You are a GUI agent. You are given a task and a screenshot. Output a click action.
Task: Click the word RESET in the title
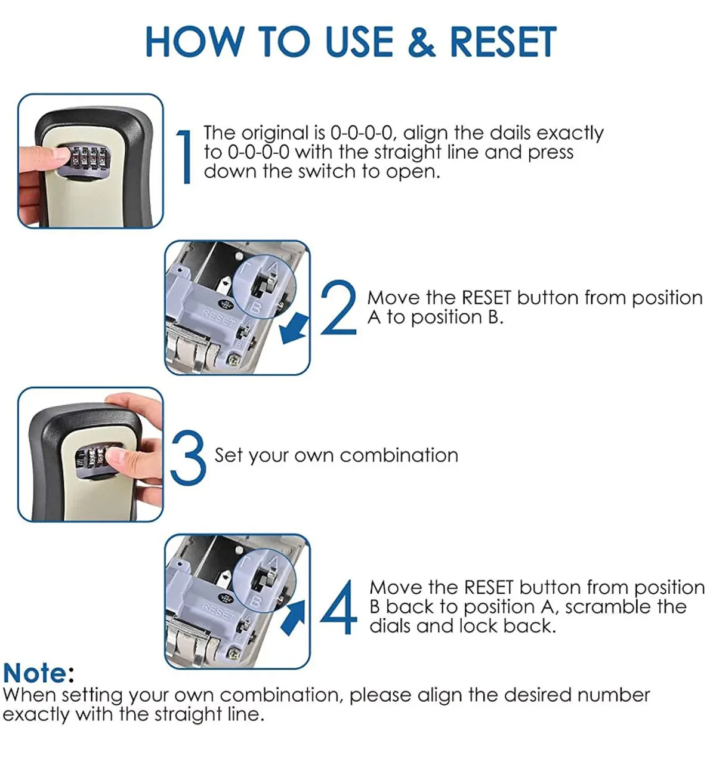pyautogui.click(x=503, y=42)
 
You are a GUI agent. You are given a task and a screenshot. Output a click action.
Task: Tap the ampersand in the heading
pyautogui.click(x=422, y=42)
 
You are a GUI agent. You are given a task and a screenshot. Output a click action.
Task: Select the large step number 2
pyautogui.click(x=338, y=307)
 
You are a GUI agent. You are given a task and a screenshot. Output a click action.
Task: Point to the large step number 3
pyautogui.click(x=189, y=458)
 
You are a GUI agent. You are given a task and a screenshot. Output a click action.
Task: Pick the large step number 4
pyautogui.click(x=339, y=607)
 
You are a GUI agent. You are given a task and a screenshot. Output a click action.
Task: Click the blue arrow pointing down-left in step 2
pyautogui.click(x=294, y=329)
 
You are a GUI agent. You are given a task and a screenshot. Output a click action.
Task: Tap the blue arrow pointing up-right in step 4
pyautogui.click(x=292, y=618)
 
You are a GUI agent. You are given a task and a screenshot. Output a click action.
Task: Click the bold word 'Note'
pyautogui.click(x=35, y=673)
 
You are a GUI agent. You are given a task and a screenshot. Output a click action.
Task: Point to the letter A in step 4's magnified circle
pyautogui.click(x=274, y=561)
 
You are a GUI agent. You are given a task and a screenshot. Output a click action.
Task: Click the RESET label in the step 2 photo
pyautogui.click(x=218, y=317)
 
